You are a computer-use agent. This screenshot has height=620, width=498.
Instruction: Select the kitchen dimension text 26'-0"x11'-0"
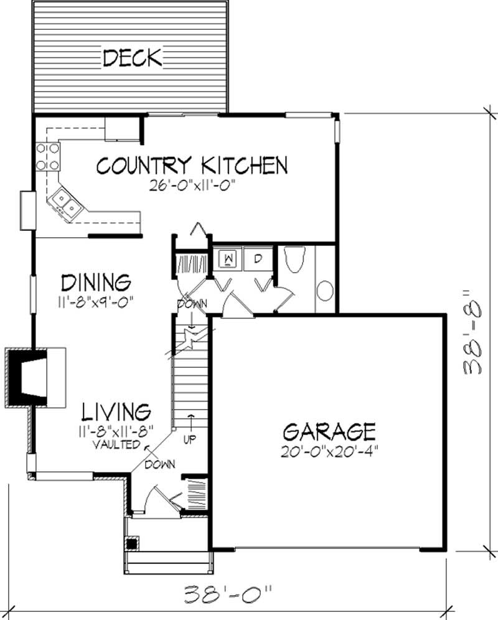pos(192,185)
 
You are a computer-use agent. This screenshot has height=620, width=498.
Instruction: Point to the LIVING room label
pos(116,411)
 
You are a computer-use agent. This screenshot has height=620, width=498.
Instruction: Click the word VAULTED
pos(116,444)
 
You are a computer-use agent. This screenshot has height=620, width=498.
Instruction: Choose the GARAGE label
pos(329,431)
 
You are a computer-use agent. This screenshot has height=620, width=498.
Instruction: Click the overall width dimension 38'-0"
pos(228,592)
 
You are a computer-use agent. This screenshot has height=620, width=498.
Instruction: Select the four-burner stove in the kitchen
pos(48,156)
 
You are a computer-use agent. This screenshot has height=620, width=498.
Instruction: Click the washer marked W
pos(228,257)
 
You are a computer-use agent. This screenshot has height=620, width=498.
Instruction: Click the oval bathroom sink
pos(324,291)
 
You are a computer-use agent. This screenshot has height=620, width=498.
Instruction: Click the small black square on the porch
pos(131,543)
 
